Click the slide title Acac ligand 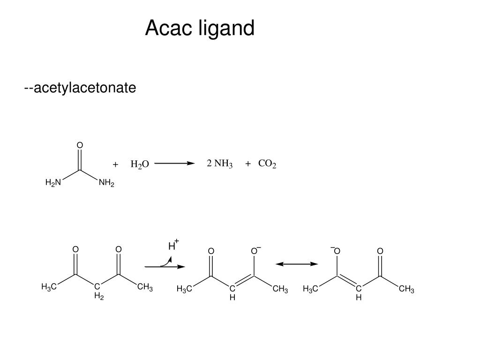pos(200,29)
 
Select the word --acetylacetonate pos(80,88)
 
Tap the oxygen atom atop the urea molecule pos(80,146)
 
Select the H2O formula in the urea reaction pos(139,164)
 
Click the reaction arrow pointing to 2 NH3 pos(174,164)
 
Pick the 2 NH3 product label pos(220,164)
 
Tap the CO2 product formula pos(267,164)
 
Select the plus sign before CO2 pos(248,164)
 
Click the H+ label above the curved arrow pos(173,245)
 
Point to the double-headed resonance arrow pos(297,264)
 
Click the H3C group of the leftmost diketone pos(49,287)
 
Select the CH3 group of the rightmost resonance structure pos(406,289)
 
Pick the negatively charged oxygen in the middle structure pos(254,252)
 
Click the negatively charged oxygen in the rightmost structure pos(336,252)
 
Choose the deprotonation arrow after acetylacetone pos(165,266)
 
